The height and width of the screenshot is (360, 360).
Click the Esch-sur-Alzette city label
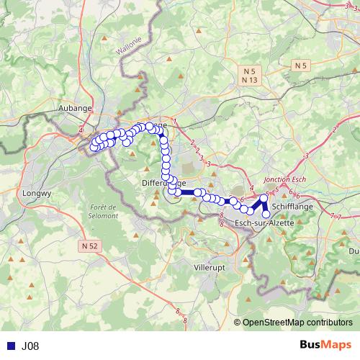(264, 225)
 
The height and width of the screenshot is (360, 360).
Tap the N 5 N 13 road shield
(249, 76)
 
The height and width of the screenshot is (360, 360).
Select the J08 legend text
(30, 346)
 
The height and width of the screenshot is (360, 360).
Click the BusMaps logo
(325, 346)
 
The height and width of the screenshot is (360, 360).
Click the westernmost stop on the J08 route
(93, 148)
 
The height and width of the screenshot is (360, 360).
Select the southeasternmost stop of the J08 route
(266, 214)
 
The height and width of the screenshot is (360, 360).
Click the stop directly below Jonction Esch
(264, 197)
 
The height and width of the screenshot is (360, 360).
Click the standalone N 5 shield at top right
(300, 66)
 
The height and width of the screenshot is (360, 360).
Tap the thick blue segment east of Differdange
(190, 193)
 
